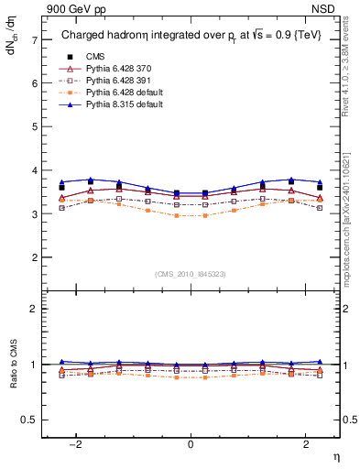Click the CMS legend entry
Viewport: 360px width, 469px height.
click(95, 56)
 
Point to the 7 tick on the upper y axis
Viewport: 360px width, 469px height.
click(34, 39)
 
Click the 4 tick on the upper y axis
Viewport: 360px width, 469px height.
click(34, 170)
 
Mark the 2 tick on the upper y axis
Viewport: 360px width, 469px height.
click(34, 257)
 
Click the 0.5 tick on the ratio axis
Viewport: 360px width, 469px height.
click(31, 420)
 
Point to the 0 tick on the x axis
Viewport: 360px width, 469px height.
click(191, 443)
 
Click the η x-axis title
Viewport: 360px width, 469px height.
click(335, 455)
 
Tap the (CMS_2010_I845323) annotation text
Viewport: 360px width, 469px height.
click(191, 274)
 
